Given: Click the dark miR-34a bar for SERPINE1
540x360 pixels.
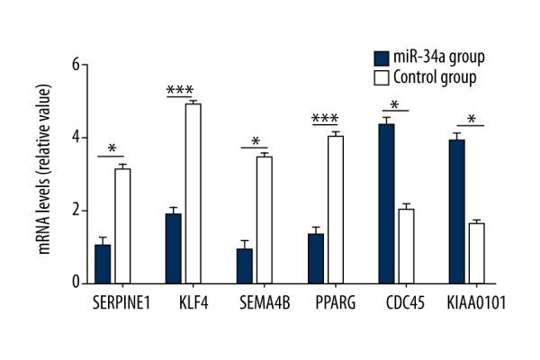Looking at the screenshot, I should point(103,264).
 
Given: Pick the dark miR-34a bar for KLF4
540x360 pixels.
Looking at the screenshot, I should point(173,248).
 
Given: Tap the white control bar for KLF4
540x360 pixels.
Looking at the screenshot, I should point(192,193).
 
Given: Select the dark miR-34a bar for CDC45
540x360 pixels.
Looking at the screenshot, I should point(385,203).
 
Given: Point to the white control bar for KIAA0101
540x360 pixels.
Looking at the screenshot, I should point(476,253).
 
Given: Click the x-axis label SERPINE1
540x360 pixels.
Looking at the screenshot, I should point(112,301).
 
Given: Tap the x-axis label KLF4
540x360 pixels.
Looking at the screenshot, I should point(183,301).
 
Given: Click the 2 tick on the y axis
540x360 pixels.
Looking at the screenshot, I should point(76,211).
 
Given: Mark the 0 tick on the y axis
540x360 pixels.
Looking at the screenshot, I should point(76,283).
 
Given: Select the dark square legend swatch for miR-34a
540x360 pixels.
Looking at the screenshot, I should point(379,58).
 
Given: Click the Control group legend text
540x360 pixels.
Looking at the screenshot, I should point(436,76).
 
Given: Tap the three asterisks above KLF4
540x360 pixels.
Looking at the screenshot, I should point(182,90).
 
